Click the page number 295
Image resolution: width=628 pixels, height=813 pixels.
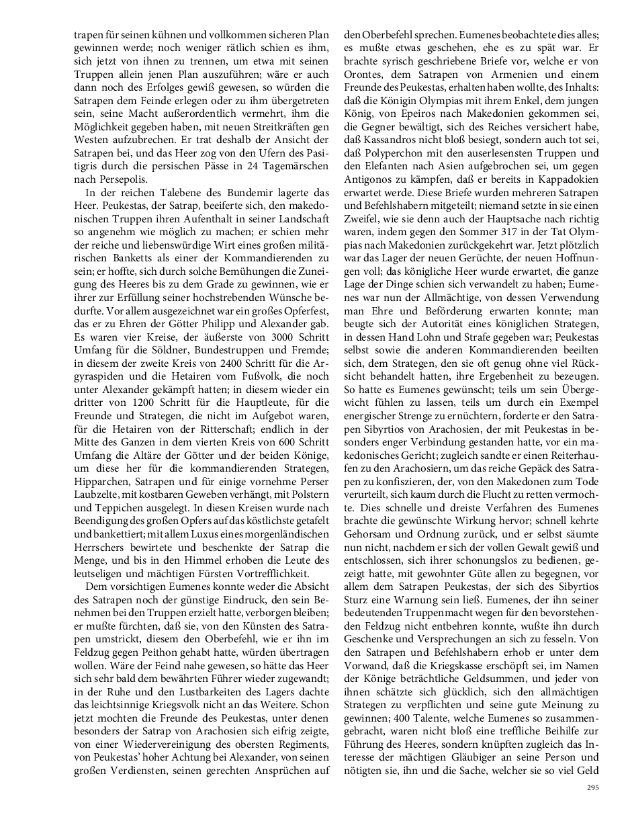tap(592, 788)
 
